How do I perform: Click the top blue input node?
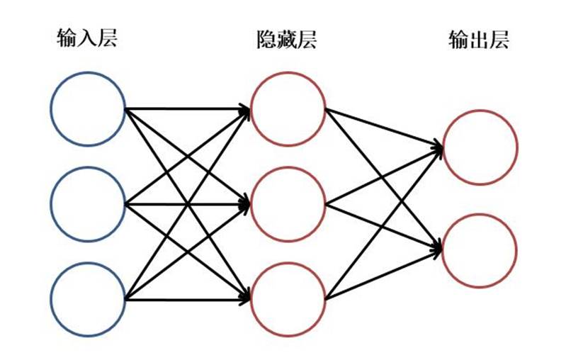[x=87, y=109]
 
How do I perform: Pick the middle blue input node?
[x=87, y=204]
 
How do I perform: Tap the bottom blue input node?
[x=87, y=299]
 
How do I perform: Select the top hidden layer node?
[x=287, y=109]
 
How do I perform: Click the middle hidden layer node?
[x=287, y=204]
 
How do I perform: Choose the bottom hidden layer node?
[x=287, y=299]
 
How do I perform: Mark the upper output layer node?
[x=480, y=147]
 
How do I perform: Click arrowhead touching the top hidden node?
[x=244, y=110]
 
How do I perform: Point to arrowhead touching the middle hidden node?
[x=244, y=205]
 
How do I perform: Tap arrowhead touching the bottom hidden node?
[x=244, y=299]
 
